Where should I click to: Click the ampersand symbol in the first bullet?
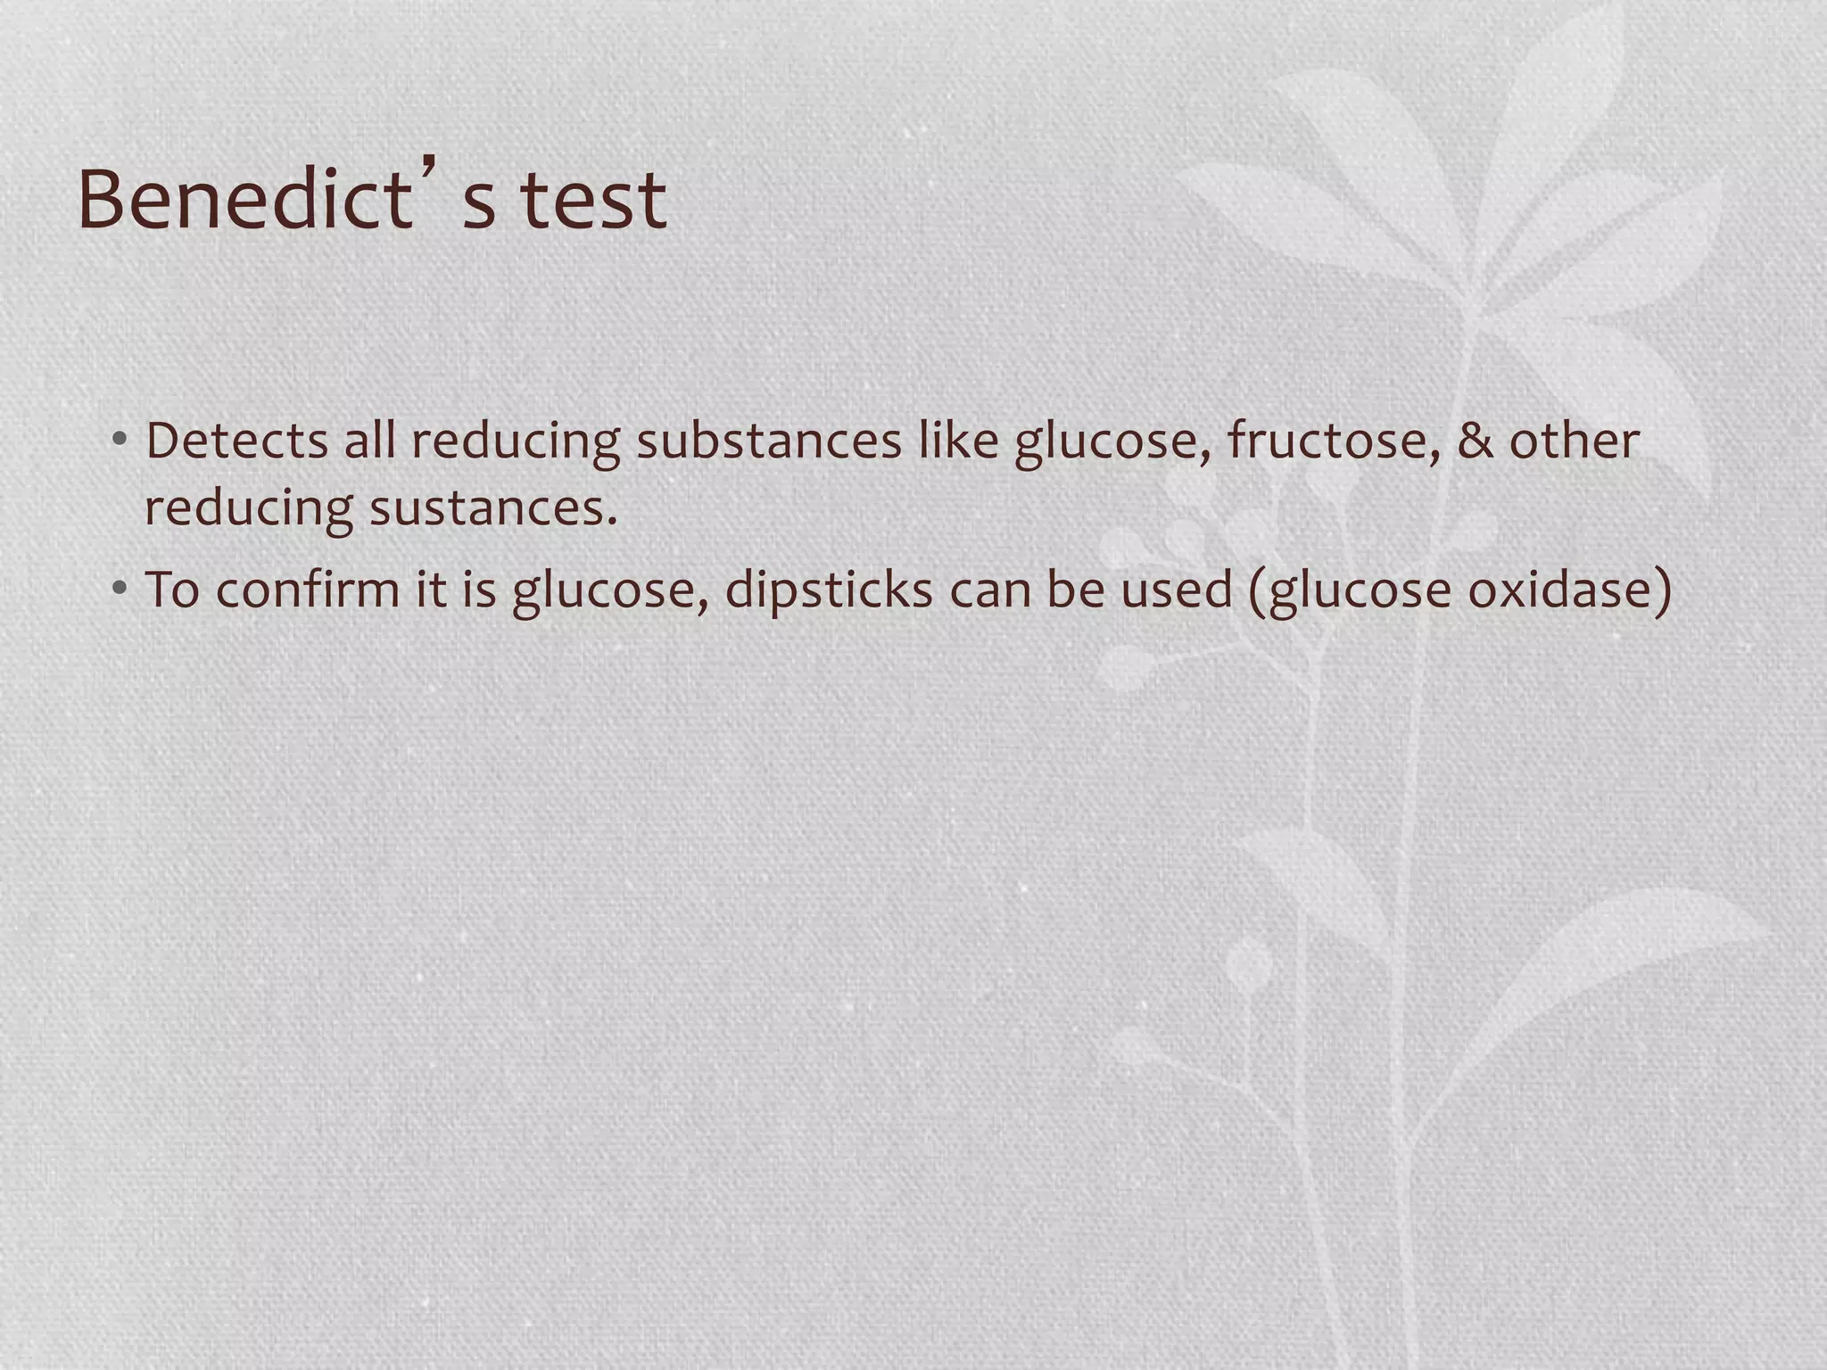[1475, 441]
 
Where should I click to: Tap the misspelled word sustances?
[493, 508]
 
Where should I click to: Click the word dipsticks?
[829, 590]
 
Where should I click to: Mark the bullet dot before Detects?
[120, 441]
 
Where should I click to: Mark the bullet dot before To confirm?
[120, 590]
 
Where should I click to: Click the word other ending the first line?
[1574, 441]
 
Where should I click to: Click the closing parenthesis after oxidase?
[1663, 590]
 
